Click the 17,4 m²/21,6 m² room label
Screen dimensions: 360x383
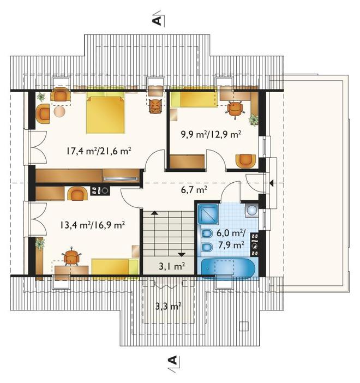click(98, 151)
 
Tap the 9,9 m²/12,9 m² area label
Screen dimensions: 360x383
click(211, 134)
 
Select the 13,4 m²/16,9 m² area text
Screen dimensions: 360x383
click(93, 225)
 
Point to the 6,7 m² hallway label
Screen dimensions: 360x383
click(194, 189)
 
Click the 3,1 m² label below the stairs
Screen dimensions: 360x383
click(172, 266)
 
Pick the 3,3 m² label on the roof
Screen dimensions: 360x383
click(169, 306)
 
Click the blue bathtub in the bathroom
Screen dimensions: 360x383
click(227, 268)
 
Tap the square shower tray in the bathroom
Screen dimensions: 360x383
click(207, 214)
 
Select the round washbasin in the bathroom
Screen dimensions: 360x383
click(251, 210)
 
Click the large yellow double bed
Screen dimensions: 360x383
click(105, 115)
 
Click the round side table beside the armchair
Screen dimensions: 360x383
click(59, 112)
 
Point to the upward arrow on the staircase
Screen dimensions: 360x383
click(154, 213)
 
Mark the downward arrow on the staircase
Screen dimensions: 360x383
click(181, 255)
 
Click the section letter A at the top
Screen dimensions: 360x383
click(158, 21)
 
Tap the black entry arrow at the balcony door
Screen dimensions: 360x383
click(271, 183)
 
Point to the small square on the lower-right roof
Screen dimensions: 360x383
click(243, 326)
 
